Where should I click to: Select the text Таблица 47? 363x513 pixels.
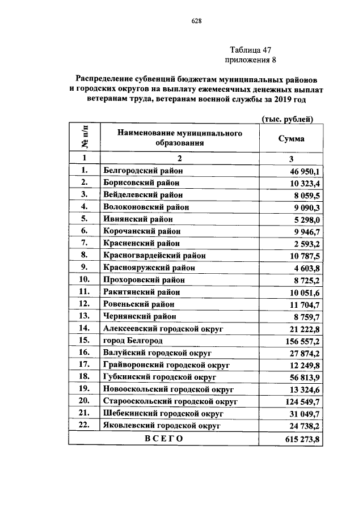pos(250,49)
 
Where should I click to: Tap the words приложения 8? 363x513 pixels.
pos(250,60)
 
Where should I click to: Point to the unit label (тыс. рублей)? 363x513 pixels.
pos(287,118)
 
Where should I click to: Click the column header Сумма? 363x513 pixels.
pos(290,138)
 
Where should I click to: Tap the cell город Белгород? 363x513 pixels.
pos(133,341)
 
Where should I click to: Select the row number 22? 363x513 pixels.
pos(85,425)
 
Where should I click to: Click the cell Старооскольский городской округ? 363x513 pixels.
pos(170,401)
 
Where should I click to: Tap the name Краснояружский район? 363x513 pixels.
pos(149,268)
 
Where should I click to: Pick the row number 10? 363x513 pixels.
pos(85,279)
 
